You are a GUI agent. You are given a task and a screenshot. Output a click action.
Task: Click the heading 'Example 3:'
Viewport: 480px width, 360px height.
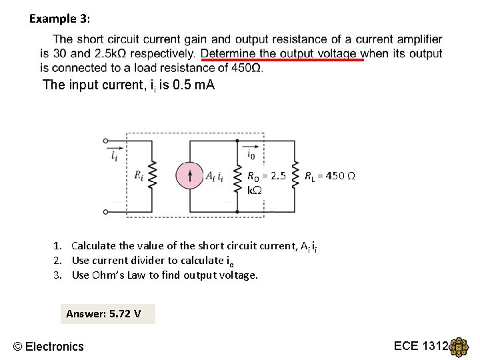point(58,19)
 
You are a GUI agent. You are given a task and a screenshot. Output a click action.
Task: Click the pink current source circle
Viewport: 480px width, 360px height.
point(191,176)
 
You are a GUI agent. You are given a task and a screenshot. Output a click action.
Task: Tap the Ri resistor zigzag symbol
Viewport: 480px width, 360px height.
point(151,176)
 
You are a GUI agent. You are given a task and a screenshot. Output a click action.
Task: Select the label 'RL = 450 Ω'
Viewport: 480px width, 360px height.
point(329,177)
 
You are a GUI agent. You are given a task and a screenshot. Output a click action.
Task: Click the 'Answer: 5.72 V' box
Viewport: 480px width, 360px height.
point(107,313)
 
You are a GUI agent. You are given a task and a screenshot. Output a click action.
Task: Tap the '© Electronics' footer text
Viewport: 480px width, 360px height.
point(49,346)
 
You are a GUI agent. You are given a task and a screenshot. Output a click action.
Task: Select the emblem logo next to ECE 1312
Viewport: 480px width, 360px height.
point(459,348)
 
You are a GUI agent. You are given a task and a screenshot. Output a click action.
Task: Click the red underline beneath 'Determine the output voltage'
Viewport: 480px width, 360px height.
point(281,60)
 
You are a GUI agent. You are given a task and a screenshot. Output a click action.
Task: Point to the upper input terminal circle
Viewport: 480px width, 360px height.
point(106,141)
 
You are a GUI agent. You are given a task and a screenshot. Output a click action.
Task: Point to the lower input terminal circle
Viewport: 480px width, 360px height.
point(106,211)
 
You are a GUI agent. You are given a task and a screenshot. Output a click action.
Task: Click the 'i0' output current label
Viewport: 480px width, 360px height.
point(251,155)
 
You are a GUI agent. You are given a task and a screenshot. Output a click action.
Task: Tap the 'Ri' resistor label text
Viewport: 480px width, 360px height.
point(139,176)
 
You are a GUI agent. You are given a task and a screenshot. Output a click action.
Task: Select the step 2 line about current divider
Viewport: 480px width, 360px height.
point(153,261)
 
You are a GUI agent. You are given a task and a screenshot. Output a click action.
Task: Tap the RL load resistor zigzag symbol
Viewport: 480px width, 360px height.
point(294,176)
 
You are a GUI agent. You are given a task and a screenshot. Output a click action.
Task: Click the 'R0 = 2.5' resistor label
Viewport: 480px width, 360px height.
point(266,177)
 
